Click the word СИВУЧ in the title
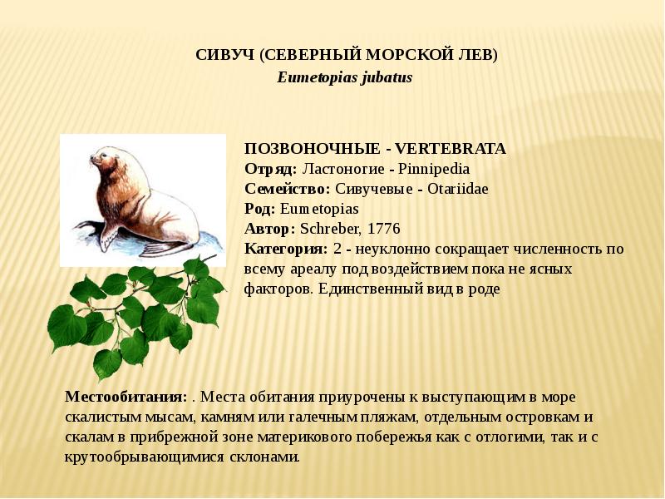coord(224,56)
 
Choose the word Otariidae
coord(458,189)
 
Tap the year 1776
coord(383,229)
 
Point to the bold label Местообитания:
coord(126,397)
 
